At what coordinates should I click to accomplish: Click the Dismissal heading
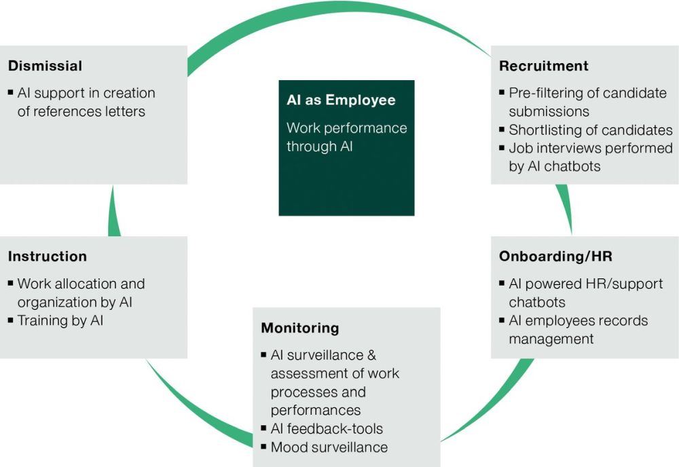point(45,66)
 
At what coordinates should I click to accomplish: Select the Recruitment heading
point(544,66)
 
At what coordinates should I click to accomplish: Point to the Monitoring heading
point(299,328)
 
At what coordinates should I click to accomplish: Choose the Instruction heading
point(48,256)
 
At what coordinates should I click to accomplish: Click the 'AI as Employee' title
point(341,100)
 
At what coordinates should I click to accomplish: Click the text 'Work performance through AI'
point(346,136)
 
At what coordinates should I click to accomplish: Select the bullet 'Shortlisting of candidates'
point(591,130)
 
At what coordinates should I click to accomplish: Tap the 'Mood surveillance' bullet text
point(329,447)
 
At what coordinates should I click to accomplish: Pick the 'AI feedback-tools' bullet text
point(327,429)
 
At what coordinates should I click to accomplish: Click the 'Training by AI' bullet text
point(60,320)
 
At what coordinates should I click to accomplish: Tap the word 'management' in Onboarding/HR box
point(551,338)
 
